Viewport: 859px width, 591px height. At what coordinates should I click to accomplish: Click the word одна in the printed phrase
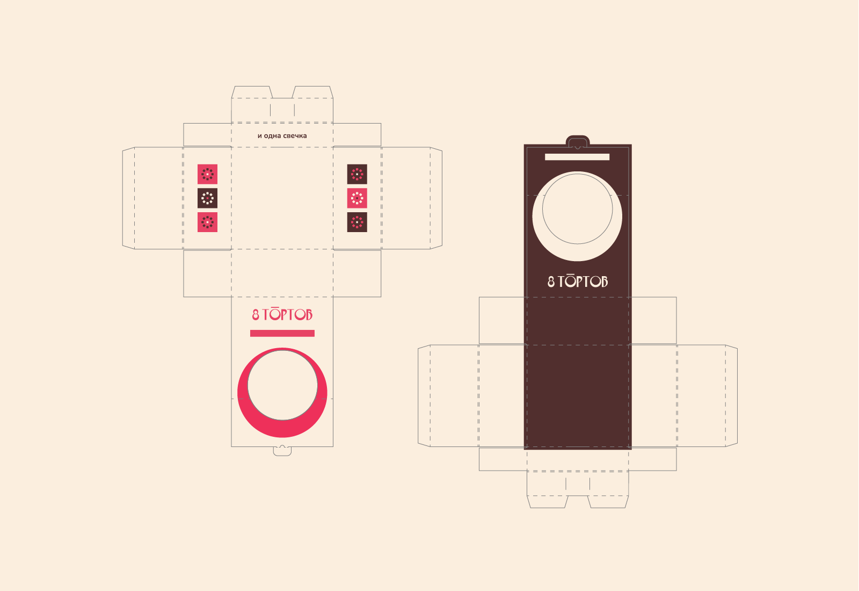coord(272,136)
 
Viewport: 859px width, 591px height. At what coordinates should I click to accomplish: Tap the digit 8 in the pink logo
coord(256,315)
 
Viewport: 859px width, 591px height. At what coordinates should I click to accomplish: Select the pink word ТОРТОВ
coord(287,314)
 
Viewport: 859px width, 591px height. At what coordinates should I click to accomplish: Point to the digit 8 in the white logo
coord(551,282)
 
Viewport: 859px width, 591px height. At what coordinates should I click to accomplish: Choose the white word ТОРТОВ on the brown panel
coord(583,281)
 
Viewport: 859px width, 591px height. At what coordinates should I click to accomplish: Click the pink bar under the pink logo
coord(282,334)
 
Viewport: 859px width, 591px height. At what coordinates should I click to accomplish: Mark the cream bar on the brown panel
coord(577,156)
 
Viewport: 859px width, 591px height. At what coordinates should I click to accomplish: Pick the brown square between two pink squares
coord(207,198)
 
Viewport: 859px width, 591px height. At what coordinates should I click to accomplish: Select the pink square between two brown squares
coord(357,198)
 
